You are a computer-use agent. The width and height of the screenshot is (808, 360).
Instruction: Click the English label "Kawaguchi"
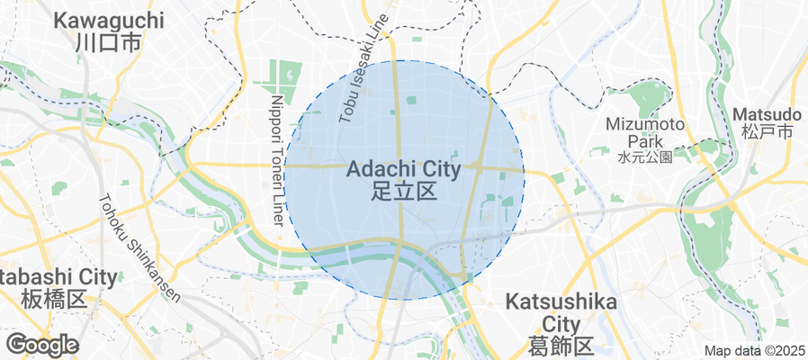click(x=109, y=20)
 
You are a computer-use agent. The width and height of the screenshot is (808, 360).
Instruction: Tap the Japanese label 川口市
click(x=109, y=42)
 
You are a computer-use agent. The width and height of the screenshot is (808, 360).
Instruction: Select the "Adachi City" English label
click(x=403, y=168)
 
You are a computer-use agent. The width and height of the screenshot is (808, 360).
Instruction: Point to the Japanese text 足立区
click(x=403, y=190)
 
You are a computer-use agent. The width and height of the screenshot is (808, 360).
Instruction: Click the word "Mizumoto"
click(x=645, y=123)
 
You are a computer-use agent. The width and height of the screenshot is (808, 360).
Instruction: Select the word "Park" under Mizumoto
click(x=645, y=141)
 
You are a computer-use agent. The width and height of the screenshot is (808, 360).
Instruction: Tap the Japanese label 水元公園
click(x=645, y=157)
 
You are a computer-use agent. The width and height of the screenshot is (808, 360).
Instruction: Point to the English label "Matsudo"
click(x=767, y=114)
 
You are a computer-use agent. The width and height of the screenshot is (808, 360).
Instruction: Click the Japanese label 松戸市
click(x=767, y=132)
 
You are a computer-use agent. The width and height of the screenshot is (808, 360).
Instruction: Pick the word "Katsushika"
click(x=561, y=301)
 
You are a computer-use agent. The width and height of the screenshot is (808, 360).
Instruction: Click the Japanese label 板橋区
click(x=54, y=298)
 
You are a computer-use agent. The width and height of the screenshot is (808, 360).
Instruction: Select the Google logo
click(x=42, y=344)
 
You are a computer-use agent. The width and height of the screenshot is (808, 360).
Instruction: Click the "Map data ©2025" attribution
click(x=754, y=351)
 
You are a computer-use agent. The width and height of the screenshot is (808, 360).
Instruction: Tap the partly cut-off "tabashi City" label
click(x=58, y=276)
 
